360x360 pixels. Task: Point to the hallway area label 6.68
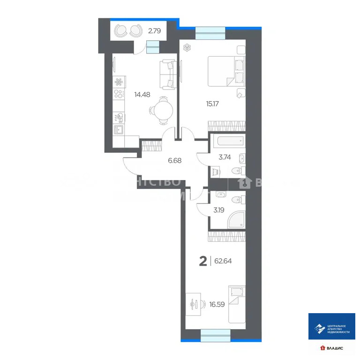174,160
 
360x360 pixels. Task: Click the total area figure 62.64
223,261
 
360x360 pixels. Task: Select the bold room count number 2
203,261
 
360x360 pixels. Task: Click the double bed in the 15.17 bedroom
227,71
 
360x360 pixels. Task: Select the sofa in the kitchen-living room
169,74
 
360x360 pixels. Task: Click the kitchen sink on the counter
119,129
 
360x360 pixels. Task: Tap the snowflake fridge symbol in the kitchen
119,82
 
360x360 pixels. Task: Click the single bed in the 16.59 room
237,304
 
